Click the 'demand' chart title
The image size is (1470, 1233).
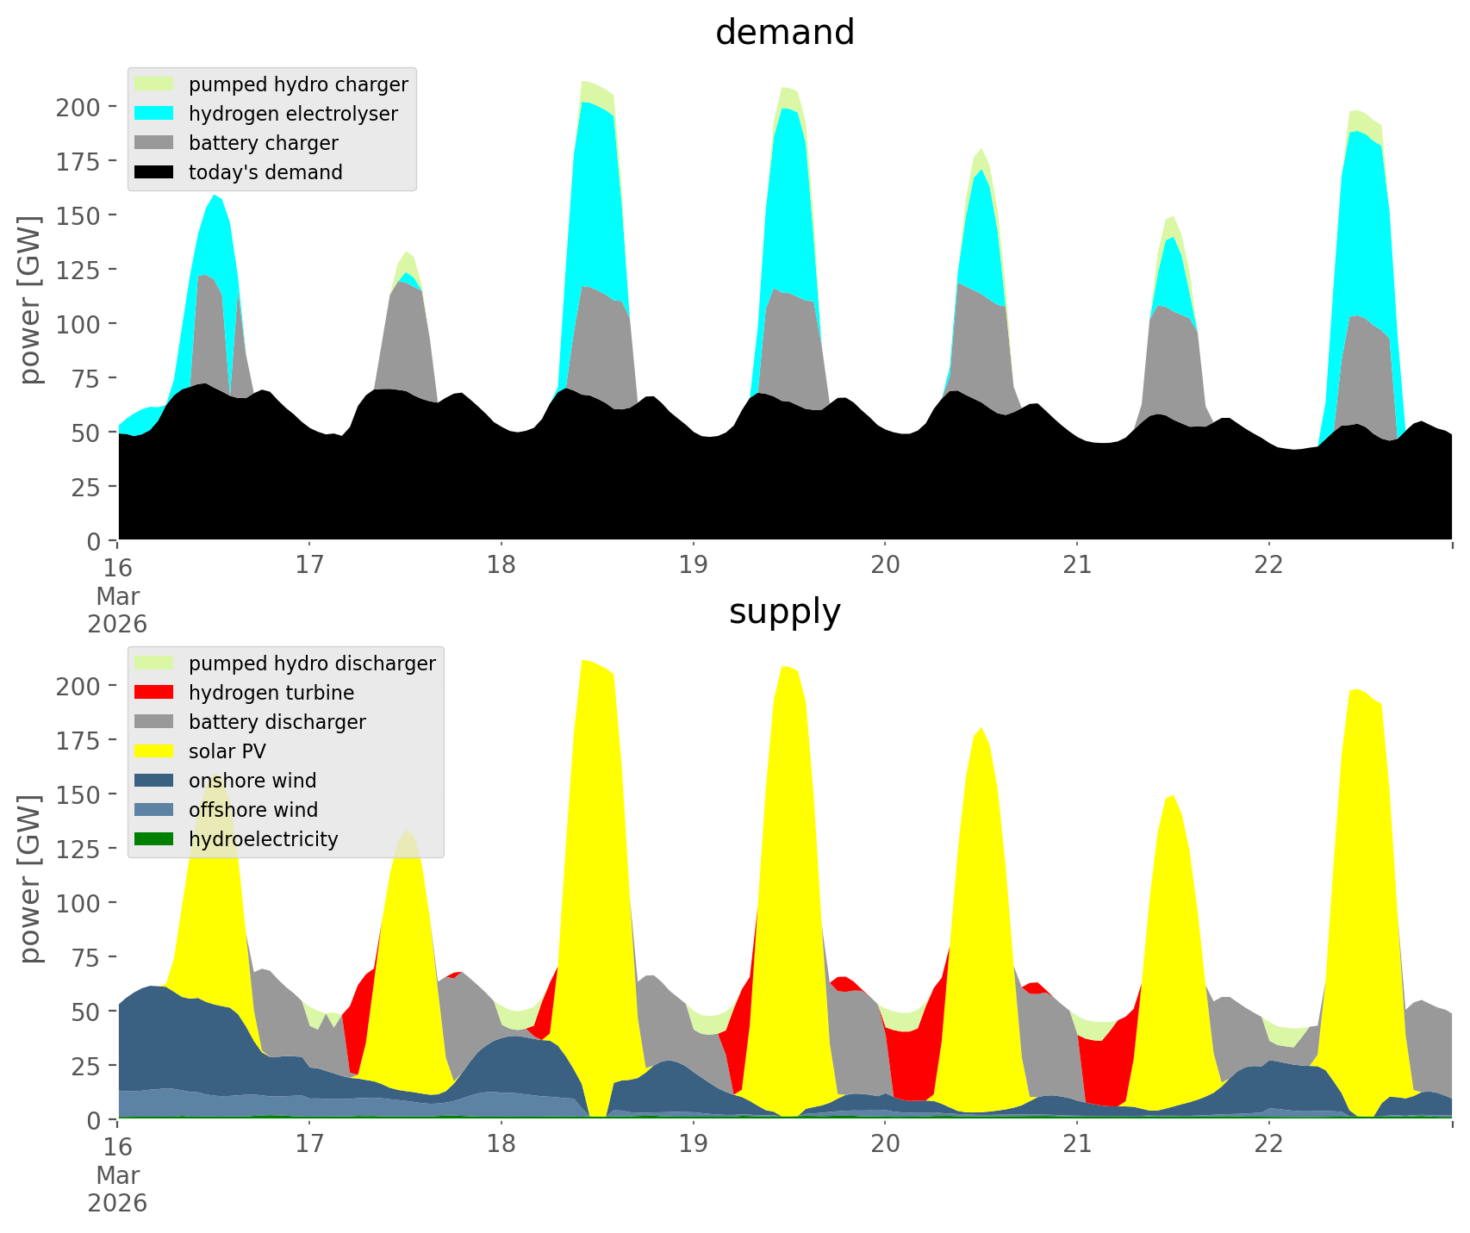click(x=784, y=33)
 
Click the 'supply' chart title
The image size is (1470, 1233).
click(x=784, y=612)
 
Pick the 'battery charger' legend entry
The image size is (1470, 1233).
click(x=263, y=143)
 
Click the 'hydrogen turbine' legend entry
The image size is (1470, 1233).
click(x=271, y=693)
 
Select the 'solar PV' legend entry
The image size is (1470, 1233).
click(x=227, y=751)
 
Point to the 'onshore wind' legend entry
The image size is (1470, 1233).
click(x=252, y=781)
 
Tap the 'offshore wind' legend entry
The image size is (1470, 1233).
click(x=253, y=810)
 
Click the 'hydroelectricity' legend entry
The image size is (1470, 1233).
click(x=263, y=839)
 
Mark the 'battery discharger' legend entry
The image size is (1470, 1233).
click(x=277, y=722)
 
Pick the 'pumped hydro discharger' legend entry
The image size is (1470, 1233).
click(x=312, y=663)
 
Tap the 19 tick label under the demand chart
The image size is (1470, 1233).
click(x=693, y=565)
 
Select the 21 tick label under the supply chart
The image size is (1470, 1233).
click(x=1076, y=1144)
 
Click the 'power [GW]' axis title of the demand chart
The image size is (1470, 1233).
click(x=30, y=300)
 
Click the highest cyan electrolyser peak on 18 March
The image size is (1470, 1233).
click(x=586, y=103)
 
